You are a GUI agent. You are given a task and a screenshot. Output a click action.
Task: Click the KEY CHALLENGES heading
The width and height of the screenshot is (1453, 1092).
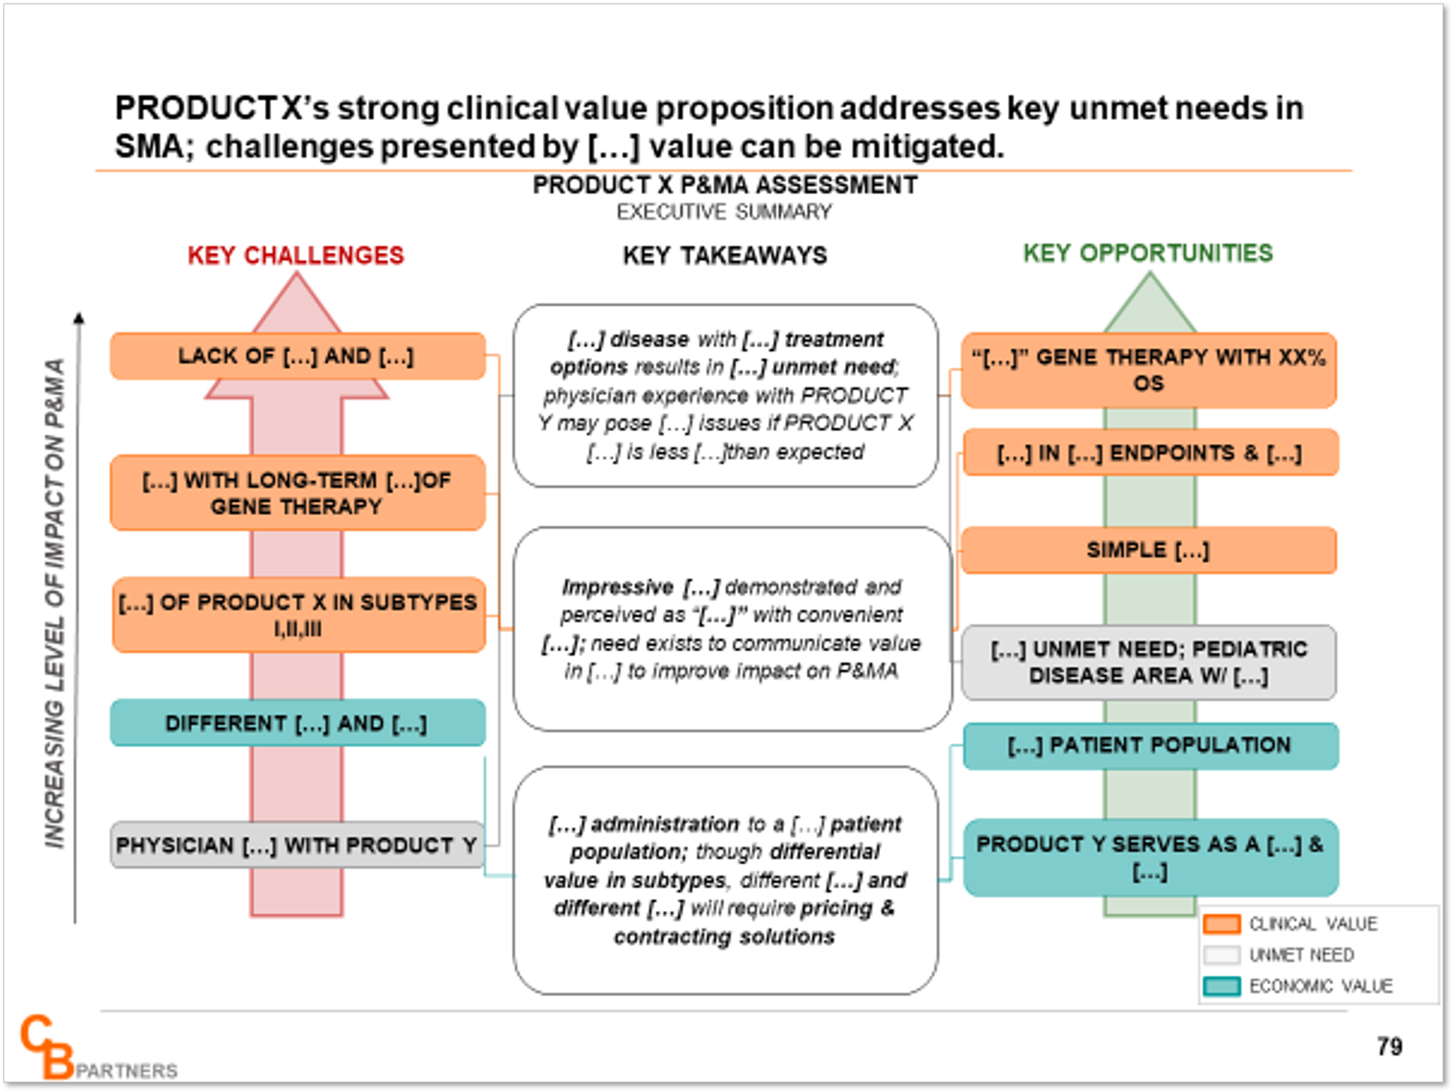pos(296,255)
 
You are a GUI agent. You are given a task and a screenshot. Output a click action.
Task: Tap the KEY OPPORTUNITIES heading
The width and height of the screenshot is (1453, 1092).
pos(1148,253)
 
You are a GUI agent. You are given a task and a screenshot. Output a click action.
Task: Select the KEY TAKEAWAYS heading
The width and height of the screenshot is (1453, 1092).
pos(725,255)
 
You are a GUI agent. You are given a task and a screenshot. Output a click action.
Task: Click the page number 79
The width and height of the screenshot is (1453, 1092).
pos(1389,1046)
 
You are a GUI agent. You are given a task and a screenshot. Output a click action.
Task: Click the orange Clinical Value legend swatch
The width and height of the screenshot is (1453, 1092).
pos(1222,924)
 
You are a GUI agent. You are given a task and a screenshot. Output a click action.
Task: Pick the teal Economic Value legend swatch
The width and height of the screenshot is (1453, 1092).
pos(1222,986)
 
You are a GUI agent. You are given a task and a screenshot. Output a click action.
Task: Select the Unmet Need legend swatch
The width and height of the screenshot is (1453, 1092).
pos(1222,955)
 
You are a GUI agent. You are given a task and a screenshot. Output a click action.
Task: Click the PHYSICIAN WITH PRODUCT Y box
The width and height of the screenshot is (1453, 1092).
pos(297,845)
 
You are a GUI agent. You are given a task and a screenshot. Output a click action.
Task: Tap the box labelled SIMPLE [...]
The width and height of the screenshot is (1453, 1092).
pos(1148,550)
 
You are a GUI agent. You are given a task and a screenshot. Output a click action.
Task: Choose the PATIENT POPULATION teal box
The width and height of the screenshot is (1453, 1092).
pos(1150,745)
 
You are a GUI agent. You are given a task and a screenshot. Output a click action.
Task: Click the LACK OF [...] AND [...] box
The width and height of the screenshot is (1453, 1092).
pos(297,356)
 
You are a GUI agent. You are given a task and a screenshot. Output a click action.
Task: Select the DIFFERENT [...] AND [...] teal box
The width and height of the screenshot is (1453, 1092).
pos(297,723)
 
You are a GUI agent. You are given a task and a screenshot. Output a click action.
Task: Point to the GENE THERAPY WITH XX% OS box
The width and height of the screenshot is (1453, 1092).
pos(1148,370)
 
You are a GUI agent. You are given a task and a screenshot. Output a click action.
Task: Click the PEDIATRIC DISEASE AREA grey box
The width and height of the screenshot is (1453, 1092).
pos(1148,662)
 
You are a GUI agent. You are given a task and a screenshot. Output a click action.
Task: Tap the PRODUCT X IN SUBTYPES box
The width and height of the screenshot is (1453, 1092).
pos(299,615)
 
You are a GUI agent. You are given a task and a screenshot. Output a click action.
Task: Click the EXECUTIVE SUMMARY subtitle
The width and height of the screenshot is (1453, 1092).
pos(725,212)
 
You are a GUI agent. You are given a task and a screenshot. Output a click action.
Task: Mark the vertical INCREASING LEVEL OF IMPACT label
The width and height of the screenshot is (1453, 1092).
pos(54,604)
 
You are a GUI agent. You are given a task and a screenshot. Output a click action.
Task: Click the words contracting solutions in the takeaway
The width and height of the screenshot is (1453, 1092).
pos(725,937)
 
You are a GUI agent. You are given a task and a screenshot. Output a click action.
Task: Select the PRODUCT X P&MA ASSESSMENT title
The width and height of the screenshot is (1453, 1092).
pos(725,185)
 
